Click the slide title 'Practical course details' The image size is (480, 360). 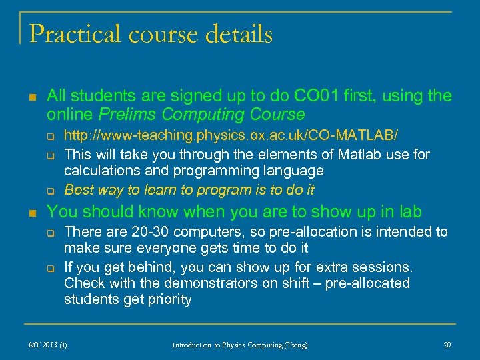tap(151, 34)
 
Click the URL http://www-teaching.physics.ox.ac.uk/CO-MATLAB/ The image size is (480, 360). tap(231, 136)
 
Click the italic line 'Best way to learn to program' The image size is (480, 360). tap(189, 189)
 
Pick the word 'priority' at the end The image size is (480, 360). tap(169, 300)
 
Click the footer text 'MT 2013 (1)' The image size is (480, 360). tap(48, 345)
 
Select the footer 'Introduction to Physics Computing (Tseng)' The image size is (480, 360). tap(240, 345)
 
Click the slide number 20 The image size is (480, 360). tap(447, 345)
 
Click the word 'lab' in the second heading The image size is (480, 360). tap(409, 212)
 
